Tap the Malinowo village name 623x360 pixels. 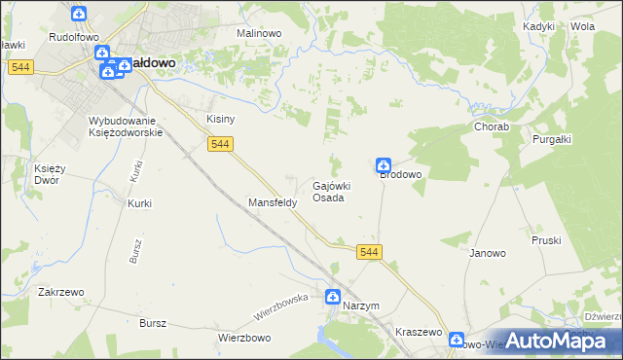click(259, 32)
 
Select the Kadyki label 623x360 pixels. click(538, 26)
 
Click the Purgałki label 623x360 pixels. click(552, 139)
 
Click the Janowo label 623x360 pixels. click(488, 253)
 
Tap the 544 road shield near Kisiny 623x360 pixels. click(221, 144)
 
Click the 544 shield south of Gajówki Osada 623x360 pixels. click(369, 252)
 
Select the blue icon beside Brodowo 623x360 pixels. click(385, 165)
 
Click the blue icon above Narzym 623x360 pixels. click(333, 298)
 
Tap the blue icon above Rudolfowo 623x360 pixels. click(80, 15)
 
